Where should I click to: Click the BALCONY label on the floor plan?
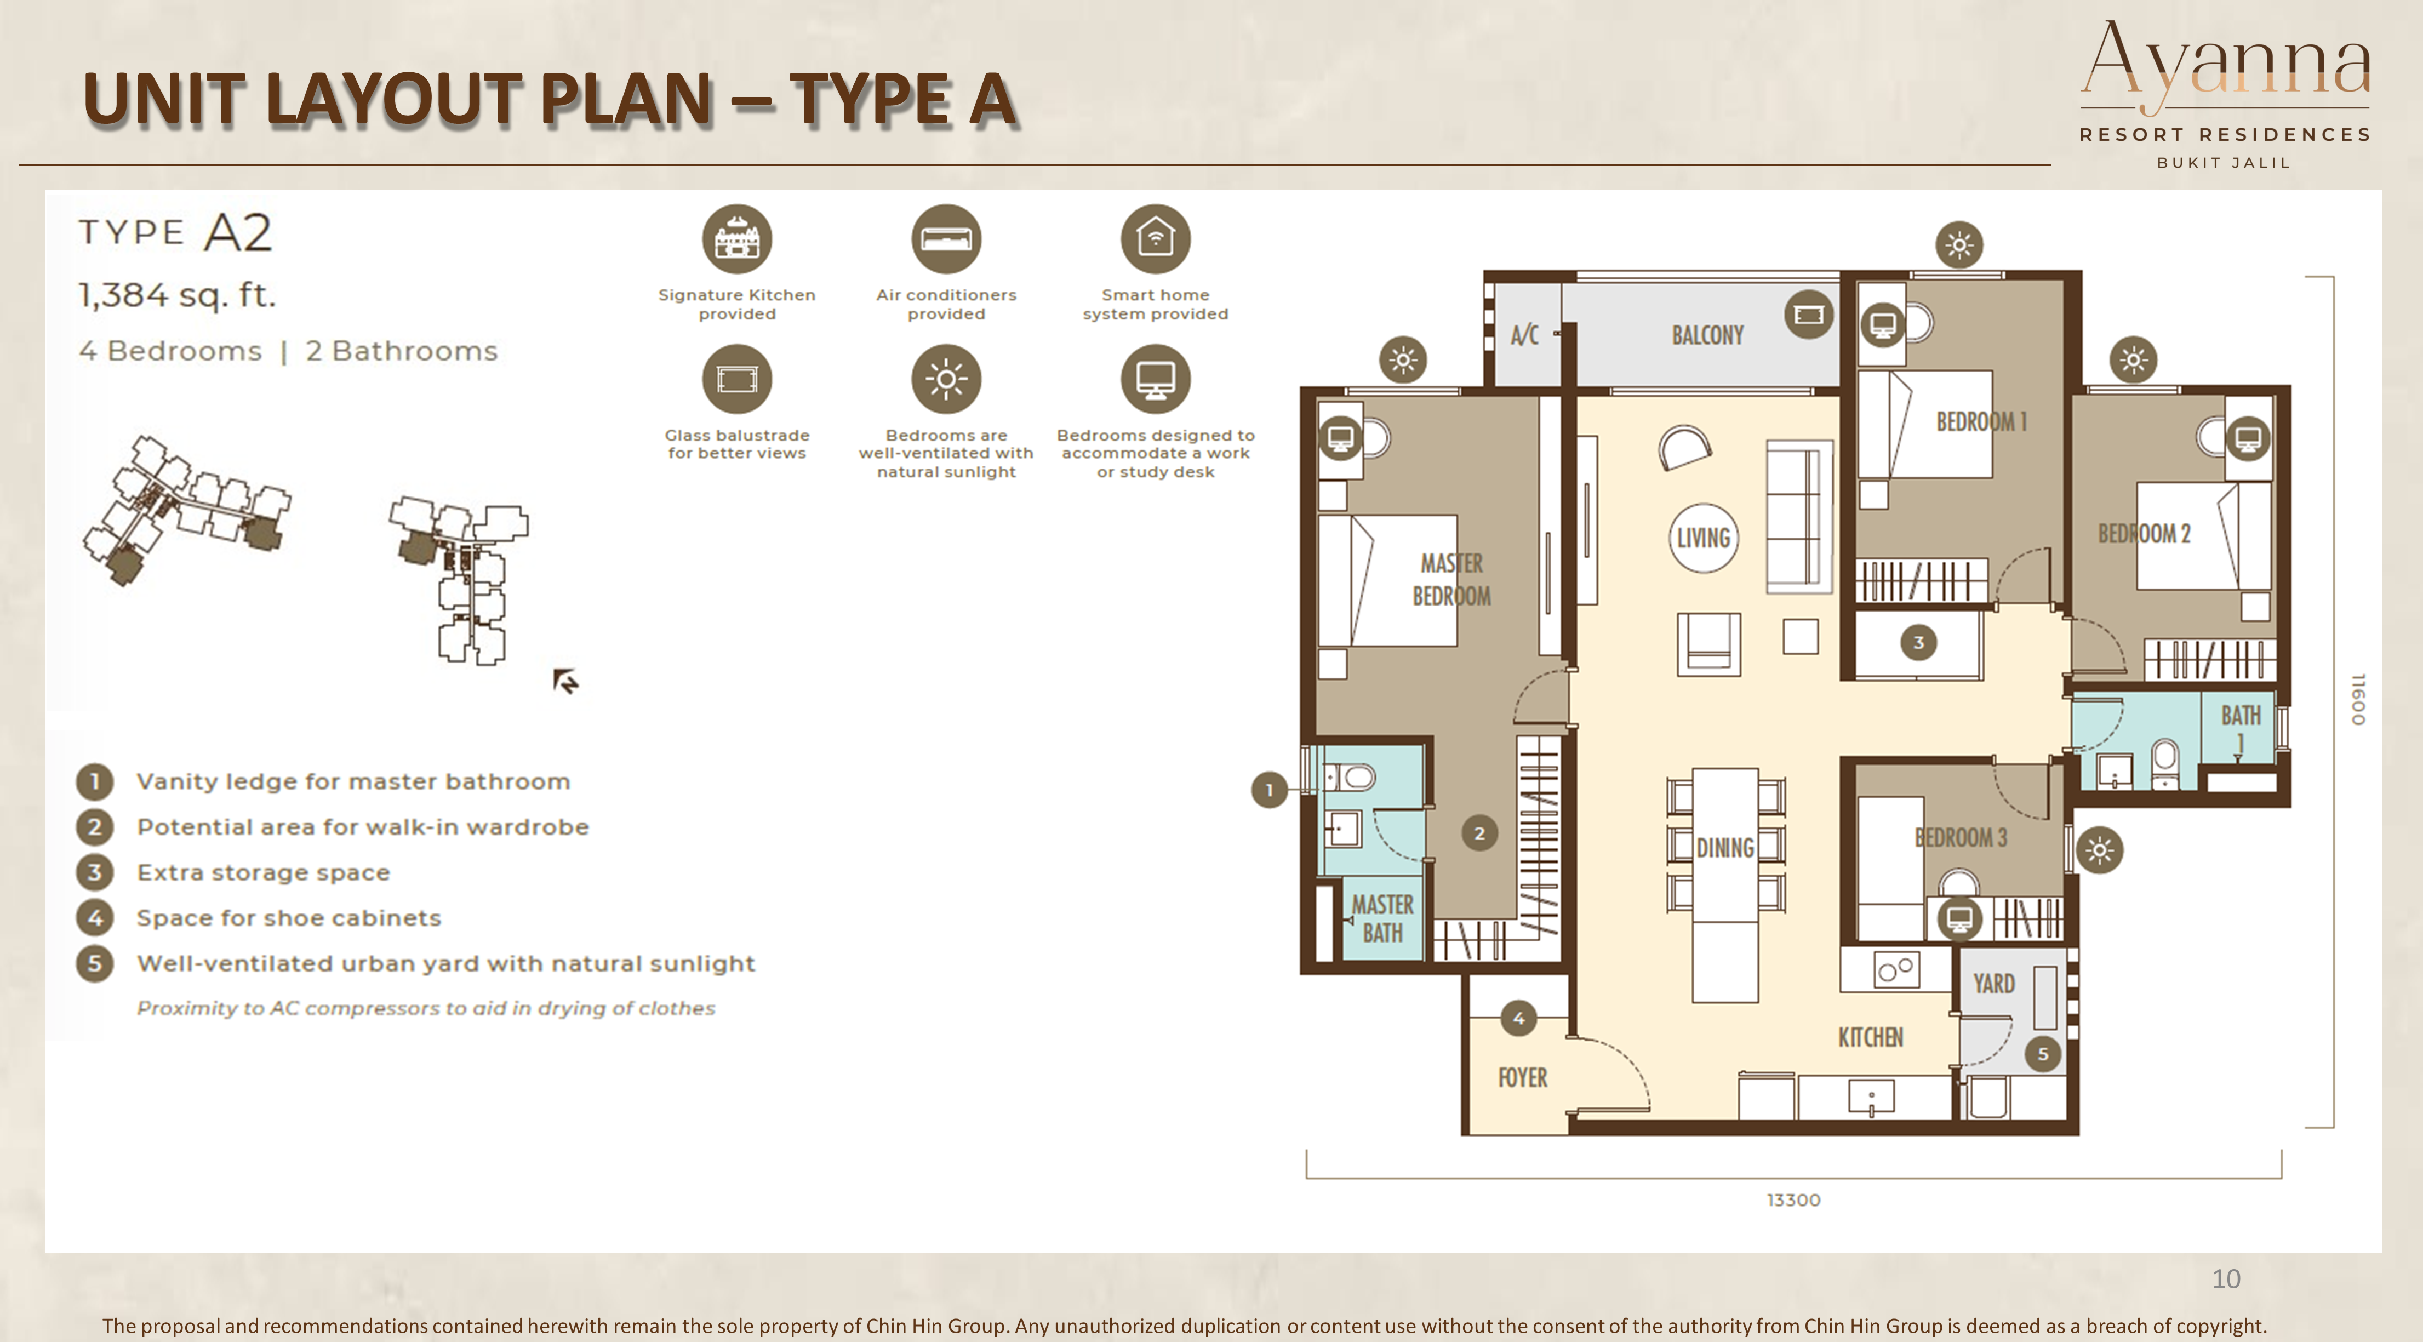(1707, 336)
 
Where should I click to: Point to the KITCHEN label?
(1871, 1037)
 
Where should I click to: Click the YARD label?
(1993, 984)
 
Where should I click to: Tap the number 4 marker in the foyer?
(1518, 1018)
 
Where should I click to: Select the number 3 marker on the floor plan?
(1919, 642)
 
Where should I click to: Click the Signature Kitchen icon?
(738, 239)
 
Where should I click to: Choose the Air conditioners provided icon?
(946, 239)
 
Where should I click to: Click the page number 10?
(2226, 1279)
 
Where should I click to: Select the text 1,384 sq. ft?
(177, 295)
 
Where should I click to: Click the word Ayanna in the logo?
(2226, 62)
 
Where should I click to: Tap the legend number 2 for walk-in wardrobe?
(94, 827)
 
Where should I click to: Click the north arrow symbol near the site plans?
(565, 681)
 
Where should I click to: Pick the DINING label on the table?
(1725, 848)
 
